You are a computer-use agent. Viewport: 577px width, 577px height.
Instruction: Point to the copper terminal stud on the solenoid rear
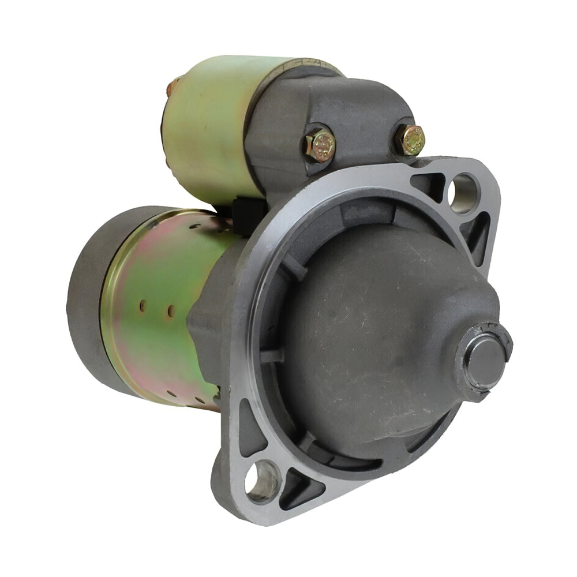pyautogui.click(x=169, y=89)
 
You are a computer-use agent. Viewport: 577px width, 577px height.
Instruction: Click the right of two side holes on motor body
pyautogui.click(x=171, y=311)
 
